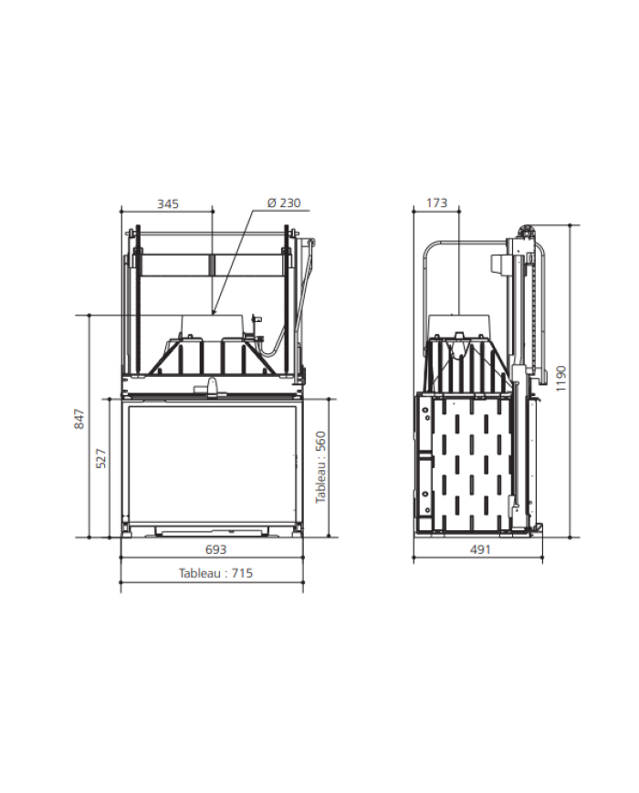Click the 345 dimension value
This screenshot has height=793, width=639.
click(x=167, y=203)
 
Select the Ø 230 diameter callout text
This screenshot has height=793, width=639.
click(x=284, y=203)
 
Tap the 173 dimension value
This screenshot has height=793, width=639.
click(x=436, y=203)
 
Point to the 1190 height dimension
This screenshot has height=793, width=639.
click(x=561, y=379)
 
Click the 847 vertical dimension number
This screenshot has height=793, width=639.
click(x=80, y=419)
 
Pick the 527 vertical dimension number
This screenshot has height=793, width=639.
click(x=101, y=458)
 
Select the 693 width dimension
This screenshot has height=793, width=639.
click(x=216, y=549)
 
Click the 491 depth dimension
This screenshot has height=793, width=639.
click(x=480, y=549)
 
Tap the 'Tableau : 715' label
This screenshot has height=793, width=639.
click(x=215, y=573)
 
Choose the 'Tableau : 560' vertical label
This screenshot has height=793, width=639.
click(x=320, y=467)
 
